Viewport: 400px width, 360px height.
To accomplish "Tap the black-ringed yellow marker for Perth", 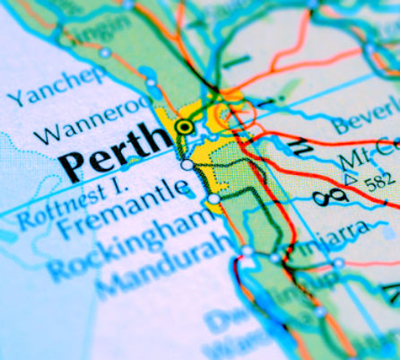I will click(185, 127).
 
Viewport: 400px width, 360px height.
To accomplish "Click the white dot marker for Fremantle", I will click(187, 164).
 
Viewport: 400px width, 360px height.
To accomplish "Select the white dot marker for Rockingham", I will click(213, 198).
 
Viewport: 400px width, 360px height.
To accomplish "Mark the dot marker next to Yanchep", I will click(105, 53).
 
